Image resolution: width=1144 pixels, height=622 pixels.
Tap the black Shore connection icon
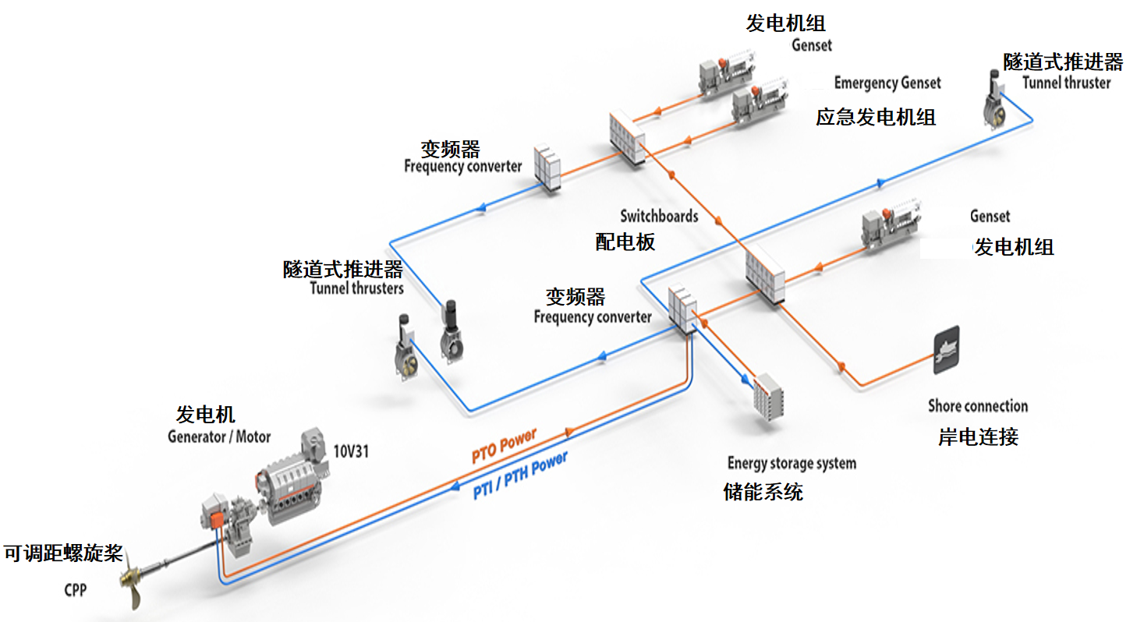point(946,351)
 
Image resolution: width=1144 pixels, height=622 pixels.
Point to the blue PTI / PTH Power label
point(520,476)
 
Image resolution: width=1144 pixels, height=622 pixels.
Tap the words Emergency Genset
point(887,83)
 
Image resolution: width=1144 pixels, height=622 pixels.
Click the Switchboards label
point(659,216)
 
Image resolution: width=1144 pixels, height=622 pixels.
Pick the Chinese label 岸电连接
point(978,436)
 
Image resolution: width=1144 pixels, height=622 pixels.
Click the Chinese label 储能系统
point(763,492)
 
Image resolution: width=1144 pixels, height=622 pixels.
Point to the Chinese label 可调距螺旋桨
point(63,554)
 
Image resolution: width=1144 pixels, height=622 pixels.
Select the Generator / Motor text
point(219,436)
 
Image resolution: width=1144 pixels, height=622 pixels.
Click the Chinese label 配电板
point(625,242)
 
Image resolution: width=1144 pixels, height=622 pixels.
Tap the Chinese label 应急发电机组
point(876,118)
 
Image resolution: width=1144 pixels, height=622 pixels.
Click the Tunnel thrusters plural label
point(357,288)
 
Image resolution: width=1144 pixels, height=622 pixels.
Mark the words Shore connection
point(978,406)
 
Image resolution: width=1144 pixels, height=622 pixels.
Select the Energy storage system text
point(792,463)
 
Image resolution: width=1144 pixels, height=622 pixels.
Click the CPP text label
point(75,590)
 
